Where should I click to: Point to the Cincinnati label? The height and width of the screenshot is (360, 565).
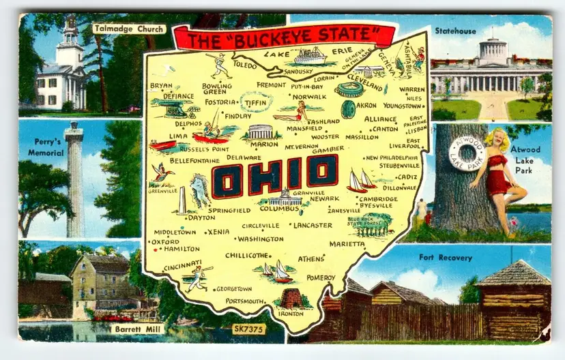(x=182, y=265)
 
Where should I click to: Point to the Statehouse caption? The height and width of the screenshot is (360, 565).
(x=455, y=31)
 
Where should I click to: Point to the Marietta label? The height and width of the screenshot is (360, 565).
(x=346, y=243)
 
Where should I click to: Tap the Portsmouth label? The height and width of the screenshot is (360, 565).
(x=244, y=301)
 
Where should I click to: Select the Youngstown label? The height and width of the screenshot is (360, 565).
(x=402, y=106)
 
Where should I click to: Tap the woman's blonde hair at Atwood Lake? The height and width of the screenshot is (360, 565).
(x=495, y=139)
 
